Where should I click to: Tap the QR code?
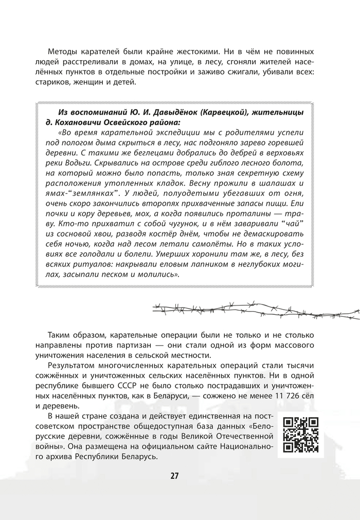pyautogui.click(x=301, y=435)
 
